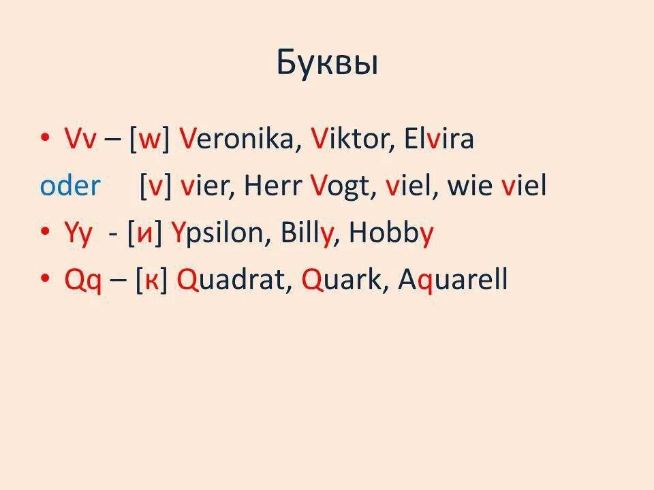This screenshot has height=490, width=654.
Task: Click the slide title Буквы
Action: (x=327, y=63)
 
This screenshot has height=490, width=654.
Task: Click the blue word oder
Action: (x=70, y=186)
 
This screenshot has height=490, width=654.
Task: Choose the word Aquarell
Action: (x=453, y=281)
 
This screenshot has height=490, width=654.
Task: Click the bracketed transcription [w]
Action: (x=149, y=141)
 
